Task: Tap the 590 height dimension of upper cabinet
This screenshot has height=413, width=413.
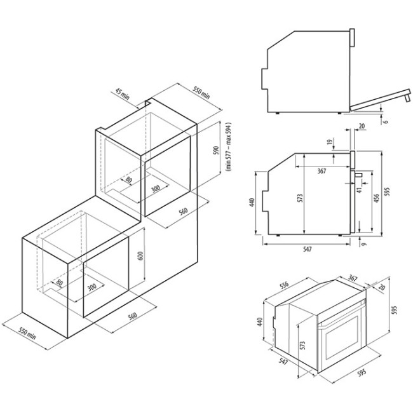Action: click(216, 151)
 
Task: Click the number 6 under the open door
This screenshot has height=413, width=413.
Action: click(386, 121)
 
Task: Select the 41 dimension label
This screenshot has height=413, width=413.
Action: click(359, 189)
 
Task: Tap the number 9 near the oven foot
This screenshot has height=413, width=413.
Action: click(364, 242)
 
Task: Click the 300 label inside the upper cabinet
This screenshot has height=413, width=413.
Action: click(155, 189)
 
